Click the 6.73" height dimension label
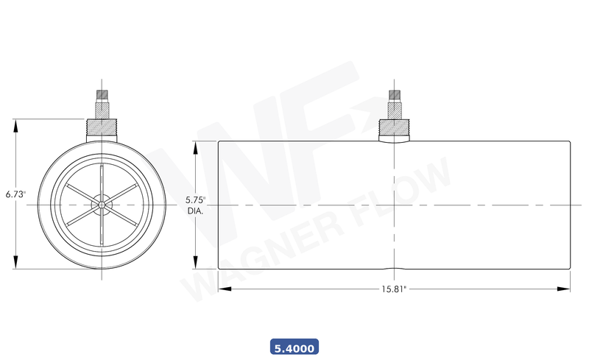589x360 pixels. (15, 194)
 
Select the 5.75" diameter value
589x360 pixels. (195, 200)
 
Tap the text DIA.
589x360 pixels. (195, 211)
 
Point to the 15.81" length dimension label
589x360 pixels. (395, 289)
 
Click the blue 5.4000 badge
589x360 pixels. (294, 347)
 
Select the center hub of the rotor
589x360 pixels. (101, 204)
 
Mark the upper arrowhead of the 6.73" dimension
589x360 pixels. (15, 124)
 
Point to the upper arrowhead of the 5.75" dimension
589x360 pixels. (195, 147)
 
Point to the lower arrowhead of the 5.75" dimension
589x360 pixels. (195, 264)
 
